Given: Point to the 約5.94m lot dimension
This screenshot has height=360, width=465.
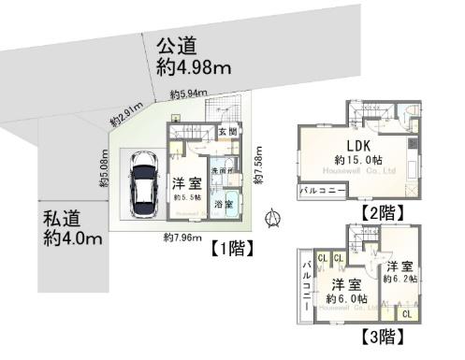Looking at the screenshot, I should (189, 94).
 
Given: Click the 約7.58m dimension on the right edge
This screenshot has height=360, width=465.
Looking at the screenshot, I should (257, 157).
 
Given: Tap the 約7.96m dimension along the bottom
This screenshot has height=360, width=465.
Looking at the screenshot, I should (182, 238).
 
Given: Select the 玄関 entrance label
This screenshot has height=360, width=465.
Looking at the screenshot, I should (227, 132).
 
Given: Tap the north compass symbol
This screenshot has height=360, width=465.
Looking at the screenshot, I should (273, 220).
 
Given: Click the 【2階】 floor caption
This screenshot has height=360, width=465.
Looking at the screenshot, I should (383, 213).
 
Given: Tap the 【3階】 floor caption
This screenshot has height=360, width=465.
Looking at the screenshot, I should (380, 334).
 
